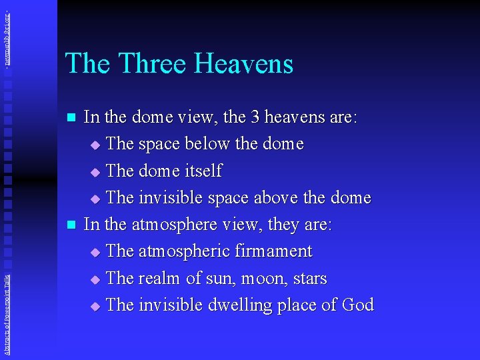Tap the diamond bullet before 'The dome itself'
tap(94, 172)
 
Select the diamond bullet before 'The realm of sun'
tap(94, 279)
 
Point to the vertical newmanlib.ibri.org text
tap(6, 33)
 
